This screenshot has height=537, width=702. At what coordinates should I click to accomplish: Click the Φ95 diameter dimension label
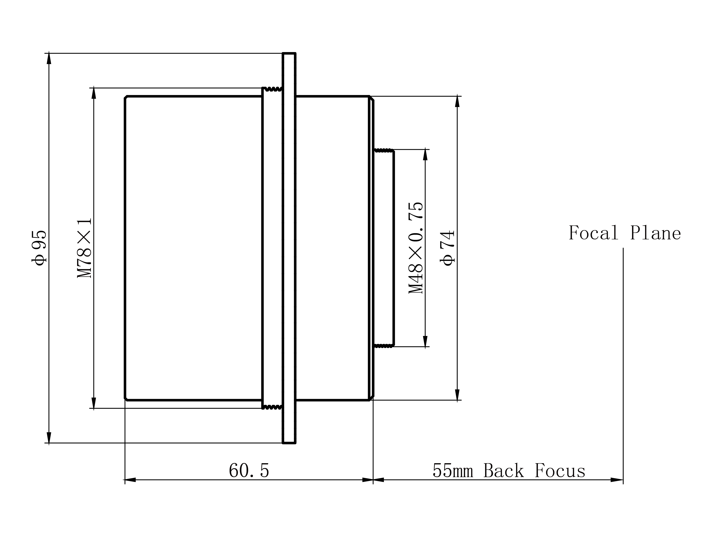coord(39,248)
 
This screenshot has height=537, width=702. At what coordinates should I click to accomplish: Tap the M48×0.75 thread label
coord(416,248)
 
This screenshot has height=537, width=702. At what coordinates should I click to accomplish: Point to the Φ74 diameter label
coord(447,248)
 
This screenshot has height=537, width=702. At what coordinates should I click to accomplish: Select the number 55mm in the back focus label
coord(453,471)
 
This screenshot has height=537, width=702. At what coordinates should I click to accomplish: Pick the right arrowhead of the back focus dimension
coord(617,480)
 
